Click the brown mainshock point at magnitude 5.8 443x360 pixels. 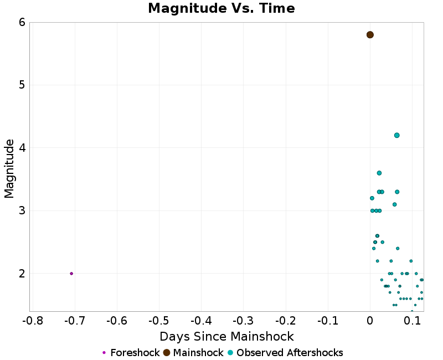click(x=370, y=35)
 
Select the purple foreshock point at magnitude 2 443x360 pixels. click(x=71, y=274)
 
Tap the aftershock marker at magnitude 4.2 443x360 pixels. click(x=396, y=135)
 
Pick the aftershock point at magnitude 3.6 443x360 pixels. click(x=379, y=173)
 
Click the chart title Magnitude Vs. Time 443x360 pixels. click(x=221, y=8)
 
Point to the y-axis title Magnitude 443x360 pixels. click(x=9, y=168)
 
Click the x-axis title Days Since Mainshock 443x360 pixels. click(x=226, y=336)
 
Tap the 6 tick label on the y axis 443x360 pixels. click(x=22, y=22)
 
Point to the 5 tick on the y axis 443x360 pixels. click(x=22, y=85)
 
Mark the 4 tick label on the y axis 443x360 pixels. click(x=22, y=148)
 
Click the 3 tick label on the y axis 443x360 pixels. click(x=22, y=210)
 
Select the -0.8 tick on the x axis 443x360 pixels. click(x=33, y=321)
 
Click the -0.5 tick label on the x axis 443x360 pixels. click(x=159, y=321)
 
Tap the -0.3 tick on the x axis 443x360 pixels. click(x=243, y=321)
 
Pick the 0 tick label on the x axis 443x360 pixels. click(x=370, y=321)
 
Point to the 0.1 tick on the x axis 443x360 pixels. click(x=412, y=321)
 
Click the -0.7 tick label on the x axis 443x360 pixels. click(x=75, y=321)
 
